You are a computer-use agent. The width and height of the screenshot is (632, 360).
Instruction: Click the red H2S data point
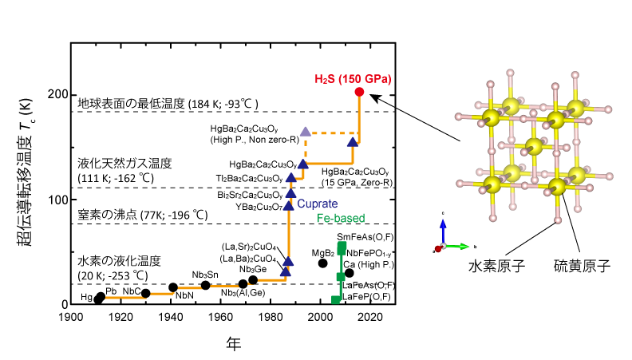359,93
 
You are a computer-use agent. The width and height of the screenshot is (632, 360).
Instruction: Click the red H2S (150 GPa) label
352,78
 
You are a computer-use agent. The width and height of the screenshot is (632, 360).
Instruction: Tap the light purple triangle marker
306,131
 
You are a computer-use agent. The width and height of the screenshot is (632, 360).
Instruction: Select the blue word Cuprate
317,204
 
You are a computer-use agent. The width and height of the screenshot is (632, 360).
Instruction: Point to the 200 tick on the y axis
57,94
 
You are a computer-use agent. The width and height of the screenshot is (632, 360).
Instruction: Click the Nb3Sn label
206,275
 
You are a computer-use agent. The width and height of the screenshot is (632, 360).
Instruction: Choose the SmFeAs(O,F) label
365,238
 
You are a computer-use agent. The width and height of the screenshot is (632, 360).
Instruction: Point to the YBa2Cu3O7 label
248,207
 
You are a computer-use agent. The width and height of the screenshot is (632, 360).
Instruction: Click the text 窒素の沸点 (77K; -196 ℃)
142,215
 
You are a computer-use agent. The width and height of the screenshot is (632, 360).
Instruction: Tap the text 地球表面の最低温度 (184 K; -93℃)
168,104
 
